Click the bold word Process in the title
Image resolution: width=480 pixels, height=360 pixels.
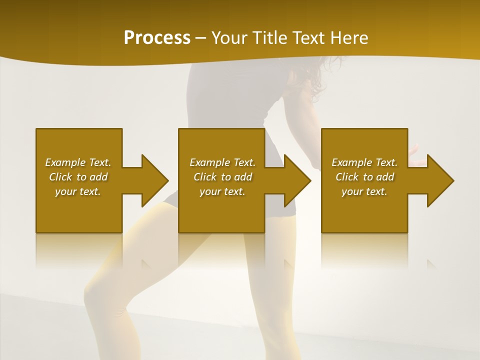(x=157, y=38)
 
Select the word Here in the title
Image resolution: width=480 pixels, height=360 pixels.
(x=349, y=38)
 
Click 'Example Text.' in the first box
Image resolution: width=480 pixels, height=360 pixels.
(x=78, y=162)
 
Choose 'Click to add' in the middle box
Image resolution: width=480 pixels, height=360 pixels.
(x=222, y=177)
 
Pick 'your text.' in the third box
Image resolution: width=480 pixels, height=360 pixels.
(x=364, y=191)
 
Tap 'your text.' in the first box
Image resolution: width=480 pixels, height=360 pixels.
(x=78, y=191)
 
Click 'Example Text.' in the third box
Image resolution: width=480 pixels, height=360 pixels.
(x=364, y=162)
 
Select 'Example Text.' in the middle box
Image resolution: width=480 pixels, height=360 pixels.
(x=222, y=162)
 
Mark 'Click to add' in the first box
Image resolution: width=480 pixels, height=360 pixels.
(x=78, y=177)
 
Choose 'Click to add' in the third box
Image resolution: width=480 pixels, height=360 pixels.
(x=364, y=177)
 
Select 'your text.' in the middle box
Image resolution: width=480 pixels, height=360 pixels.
(x=222, y=191)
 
